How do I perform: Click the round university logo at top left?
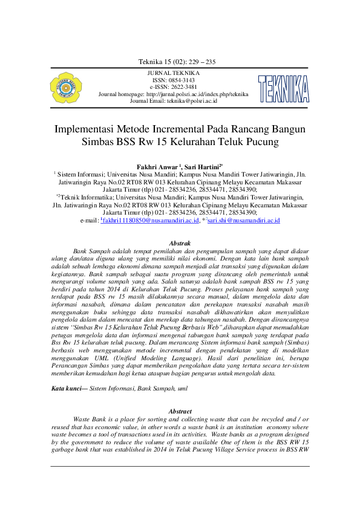click(x=66, y=88)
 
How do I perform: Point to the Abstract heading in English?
click(x=180, y=411)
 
